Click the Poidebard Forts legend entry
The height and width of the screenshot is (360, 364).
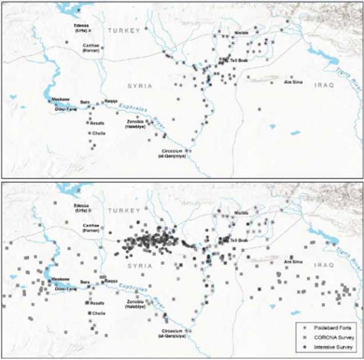[329, 328]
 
